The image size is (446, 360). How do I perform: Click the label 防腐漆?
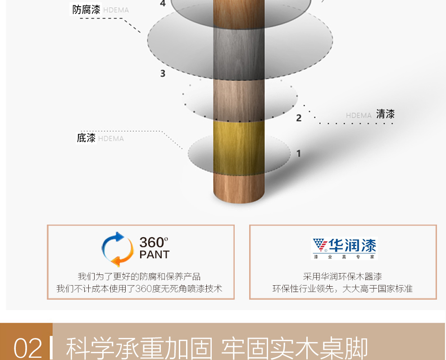(x=86, y=9)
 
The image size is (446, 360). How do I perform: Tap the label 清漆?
(x=386, y=114)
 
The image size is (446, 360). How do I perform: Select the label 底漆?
(x=86, y=138)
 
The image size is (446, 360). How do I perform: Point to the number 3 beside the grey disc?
(x=163, y=73)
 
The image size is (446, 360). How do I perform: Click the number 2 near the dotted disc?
(x=299, y=118)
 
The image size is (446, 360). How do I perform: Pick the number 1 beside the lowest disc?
(x=299, y=153)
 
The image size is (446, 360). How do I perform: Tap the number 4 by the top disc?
(x=163, y=3)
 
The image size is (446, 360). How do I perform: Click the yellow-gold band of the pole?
(x=239, y=148)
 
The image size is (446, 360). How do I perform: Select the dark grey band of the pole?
(x=239, y=54)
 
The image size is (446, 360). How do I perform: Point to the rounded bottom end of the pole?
(x=239, y=197)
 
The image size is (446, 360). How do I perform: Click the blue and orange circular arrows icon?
(x=118, y=249)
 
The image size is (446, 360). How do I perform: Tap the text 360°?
(x=154, y=243)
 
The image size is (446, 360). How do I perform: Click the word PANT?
(x=155, y=255)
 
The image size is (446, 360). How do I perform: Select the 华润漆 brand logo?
(x=344, y=248)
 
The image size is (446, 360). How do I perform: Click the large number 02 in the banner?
(x=27, y=348)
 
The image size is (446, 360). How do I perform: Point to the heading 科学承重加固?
(x=139, y=348)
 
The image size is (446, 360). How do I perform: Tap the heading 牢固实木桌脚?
(x=294, y=348)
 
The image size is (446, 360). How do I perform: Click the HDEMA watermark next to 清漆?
(x=359, y=115)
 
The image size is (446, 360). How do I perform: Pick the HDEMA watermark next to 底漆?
(x=111, y=139)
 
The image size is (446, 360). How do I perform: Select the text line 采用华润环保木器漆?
(x=342, y=276)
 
